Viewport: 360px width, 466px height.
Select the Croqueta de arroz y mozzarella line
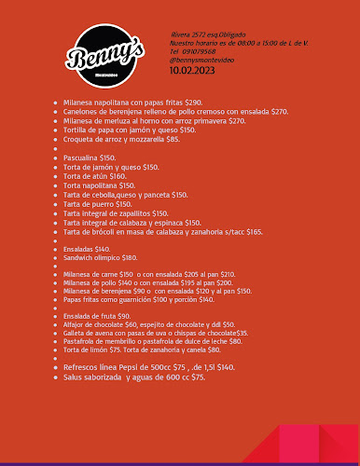point(121,139)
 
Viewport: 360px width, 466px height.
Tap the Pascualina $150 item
point(90,158)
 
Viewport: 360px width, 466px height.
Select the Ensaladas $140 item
point(87,249)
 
